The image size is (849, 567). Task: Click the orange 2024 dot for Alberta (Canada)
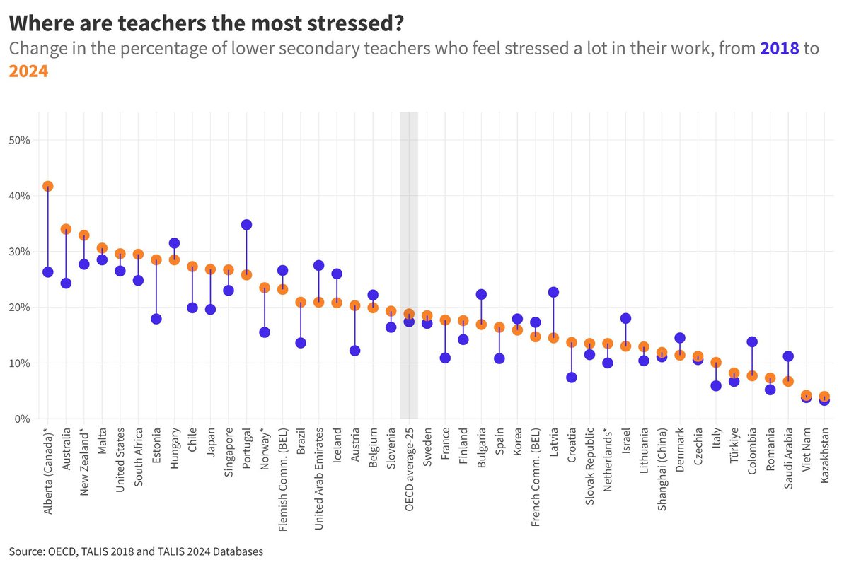click(48, 187)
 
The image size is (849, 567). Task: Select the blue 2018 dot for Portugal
click(246, 225)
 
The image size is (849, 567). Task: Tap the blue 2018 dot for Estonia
click(156, 319)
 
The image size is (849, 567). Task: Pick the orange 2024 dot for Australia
click(66, 229)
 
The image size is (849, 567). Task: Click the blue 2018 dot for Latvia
click(553, 292)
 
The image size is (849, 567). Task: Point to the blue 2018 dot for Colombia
click(752, 341)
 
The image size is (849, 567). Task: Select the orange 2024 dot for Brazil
click(301, 302)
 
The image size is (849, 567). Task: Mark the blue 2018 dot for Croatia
click(572, 378)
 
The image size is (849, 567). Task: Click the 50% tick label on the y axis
click(18, 140)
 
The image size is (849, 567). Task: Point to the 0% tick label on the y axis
click(21, 419)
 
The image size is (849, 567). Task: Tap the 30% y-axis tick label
click(18, 252)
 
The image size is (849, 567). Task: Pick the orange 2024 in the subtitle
click(28, 71)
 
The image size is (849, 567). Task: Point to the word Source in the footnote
click(25, 551)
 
